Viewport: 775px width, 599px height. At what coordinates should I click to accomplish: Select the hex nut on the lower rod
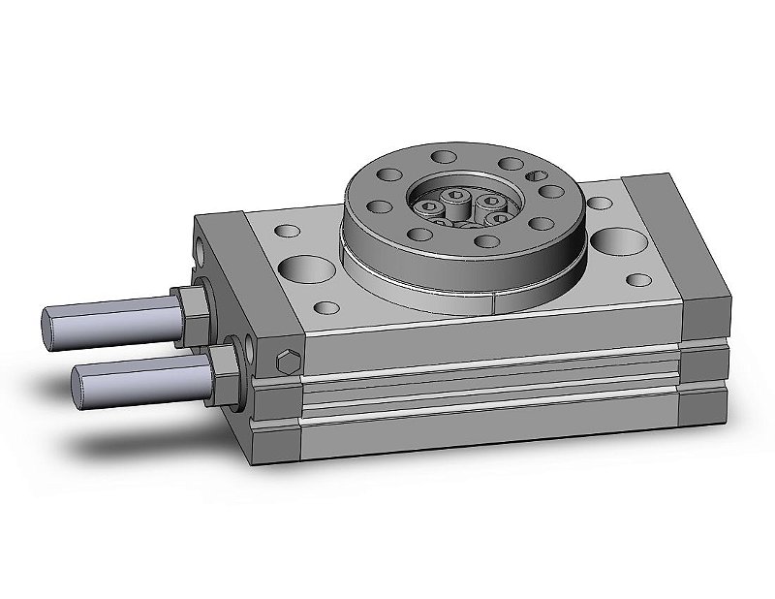pyautogui.click(x=224, y=365)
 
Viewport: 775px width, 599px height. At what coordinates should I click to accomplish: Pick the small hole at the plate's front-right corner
pyautogui.click(x=636, y=280)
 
